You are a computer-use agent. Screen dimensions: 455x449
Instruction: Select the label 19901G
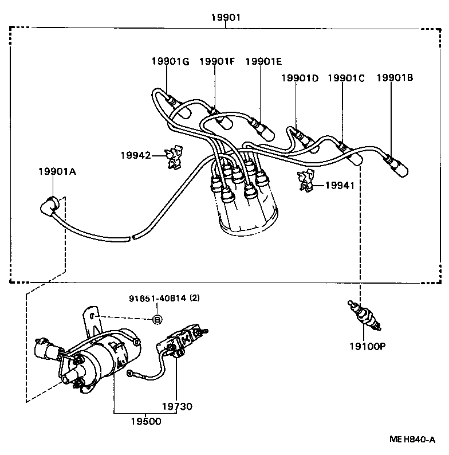tap(170, 61)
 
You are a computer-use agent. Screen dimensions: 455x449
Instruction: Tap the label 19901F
tap(217, 61)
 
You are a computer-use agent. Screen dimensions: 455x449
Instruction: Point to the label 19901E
tap(263, 61)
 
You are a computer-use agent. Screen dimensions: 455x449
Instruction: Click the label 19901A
tap(57, 171)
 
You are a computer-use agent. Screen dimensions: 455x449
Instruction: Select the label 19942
tap(135, 155)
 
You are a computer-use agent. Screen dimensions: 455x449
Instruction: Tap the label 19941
tap(340, 185)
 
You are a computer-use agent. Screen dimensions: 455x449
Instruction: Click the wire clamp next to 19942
tap(173, 156)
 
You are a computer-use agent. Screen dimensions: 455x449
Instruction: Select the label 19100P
tap(367, 346)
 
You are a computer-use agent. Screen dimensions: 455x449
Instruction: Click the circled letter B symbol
tap(157, 319)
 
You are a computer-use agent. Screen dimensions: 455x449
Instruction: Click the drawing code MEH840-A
tap(412, 440)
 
